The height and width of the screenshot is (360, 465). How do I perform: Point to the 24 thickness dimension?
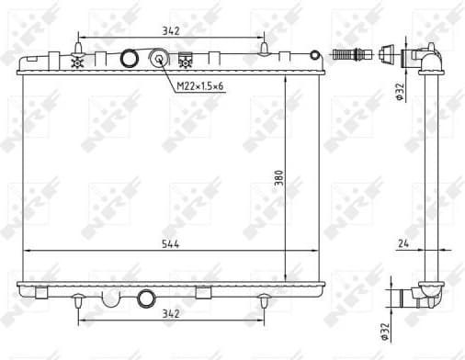(403, 244)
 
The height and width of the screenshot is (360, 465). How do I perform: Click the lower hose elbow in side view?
(423, 296)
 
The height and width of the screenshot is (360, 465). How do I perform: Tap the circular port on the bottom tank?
(146, 298)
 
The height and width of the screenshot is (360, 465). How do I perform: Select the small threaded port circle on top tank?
(160, 61)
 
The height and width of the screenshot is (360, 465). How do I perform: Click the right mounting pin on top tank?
(265, 48)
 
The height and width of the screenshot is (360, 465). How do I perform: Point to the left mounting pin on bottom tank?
(79, 299)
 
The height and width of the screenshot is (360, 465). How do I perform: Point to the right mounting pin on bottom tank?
(265, 299)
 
